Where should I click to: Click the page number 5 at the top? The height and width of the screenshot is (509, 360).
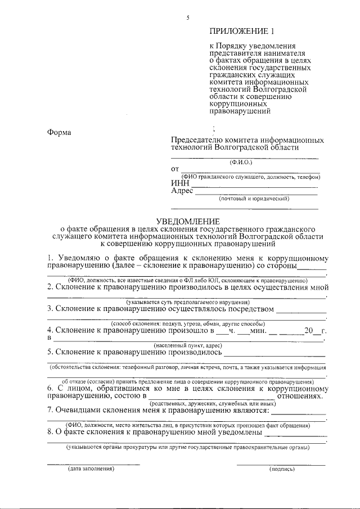pos(188,19)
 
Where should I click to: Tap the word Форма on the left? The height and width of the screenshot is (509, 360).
pos(59,133)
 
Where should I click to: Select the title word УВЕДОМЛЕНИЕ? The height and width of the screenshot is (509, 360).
pos(188,222)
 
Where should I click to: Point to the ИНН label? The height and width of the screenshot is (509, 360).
pos(180,183)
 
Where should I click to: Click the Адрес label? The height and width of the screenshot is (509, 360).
pos(182,191)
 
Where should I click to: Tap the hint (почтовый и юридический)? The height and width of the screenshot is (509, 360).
pos(254,199)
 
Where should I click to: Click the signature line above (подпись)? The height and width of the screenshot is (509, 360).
pos(281,465)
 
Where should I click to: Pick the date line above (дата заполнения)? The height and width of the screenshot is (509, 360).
pos(93,465)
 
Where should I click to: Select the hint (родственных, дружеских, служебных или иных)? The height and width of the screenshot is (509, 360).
pos(212,403)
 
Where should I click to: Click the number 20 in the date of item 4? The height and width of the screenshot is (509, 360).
pos(308,331)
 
